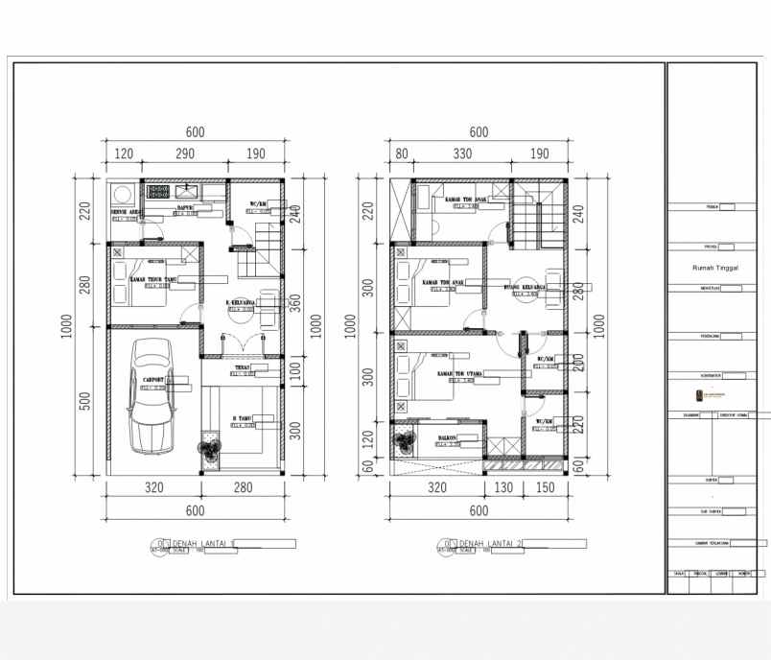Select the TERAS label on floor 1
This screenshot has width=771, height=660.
click(242, 367)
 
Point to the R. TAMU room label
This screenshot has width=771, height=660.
click(242, 419)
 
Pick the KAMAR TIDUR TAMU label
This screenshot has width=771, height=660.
click(153, 279)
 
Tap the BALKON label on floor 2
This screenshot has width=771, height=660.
click(447, 437)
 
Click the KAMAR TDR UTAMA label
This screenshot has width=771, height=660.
click(456, 373)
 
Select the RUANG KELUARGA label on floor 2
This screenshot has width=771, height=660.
click(525, 287)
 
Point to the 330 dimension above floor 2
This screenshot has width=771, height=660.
click(462, 154)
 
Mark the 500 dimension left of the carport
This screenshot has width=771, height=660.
click(84, 399)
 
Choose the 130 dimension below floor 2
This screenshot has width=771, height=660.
click(504, 487)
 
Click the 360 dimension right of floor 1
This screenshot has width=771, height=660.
click(296, 303)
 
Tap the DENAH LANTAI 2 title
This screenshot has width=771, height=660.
click(488, 544)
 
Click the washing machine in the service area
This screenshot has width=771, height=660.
click(122, 190)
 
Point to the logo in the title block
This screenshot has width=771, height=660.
click(711, 395)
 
